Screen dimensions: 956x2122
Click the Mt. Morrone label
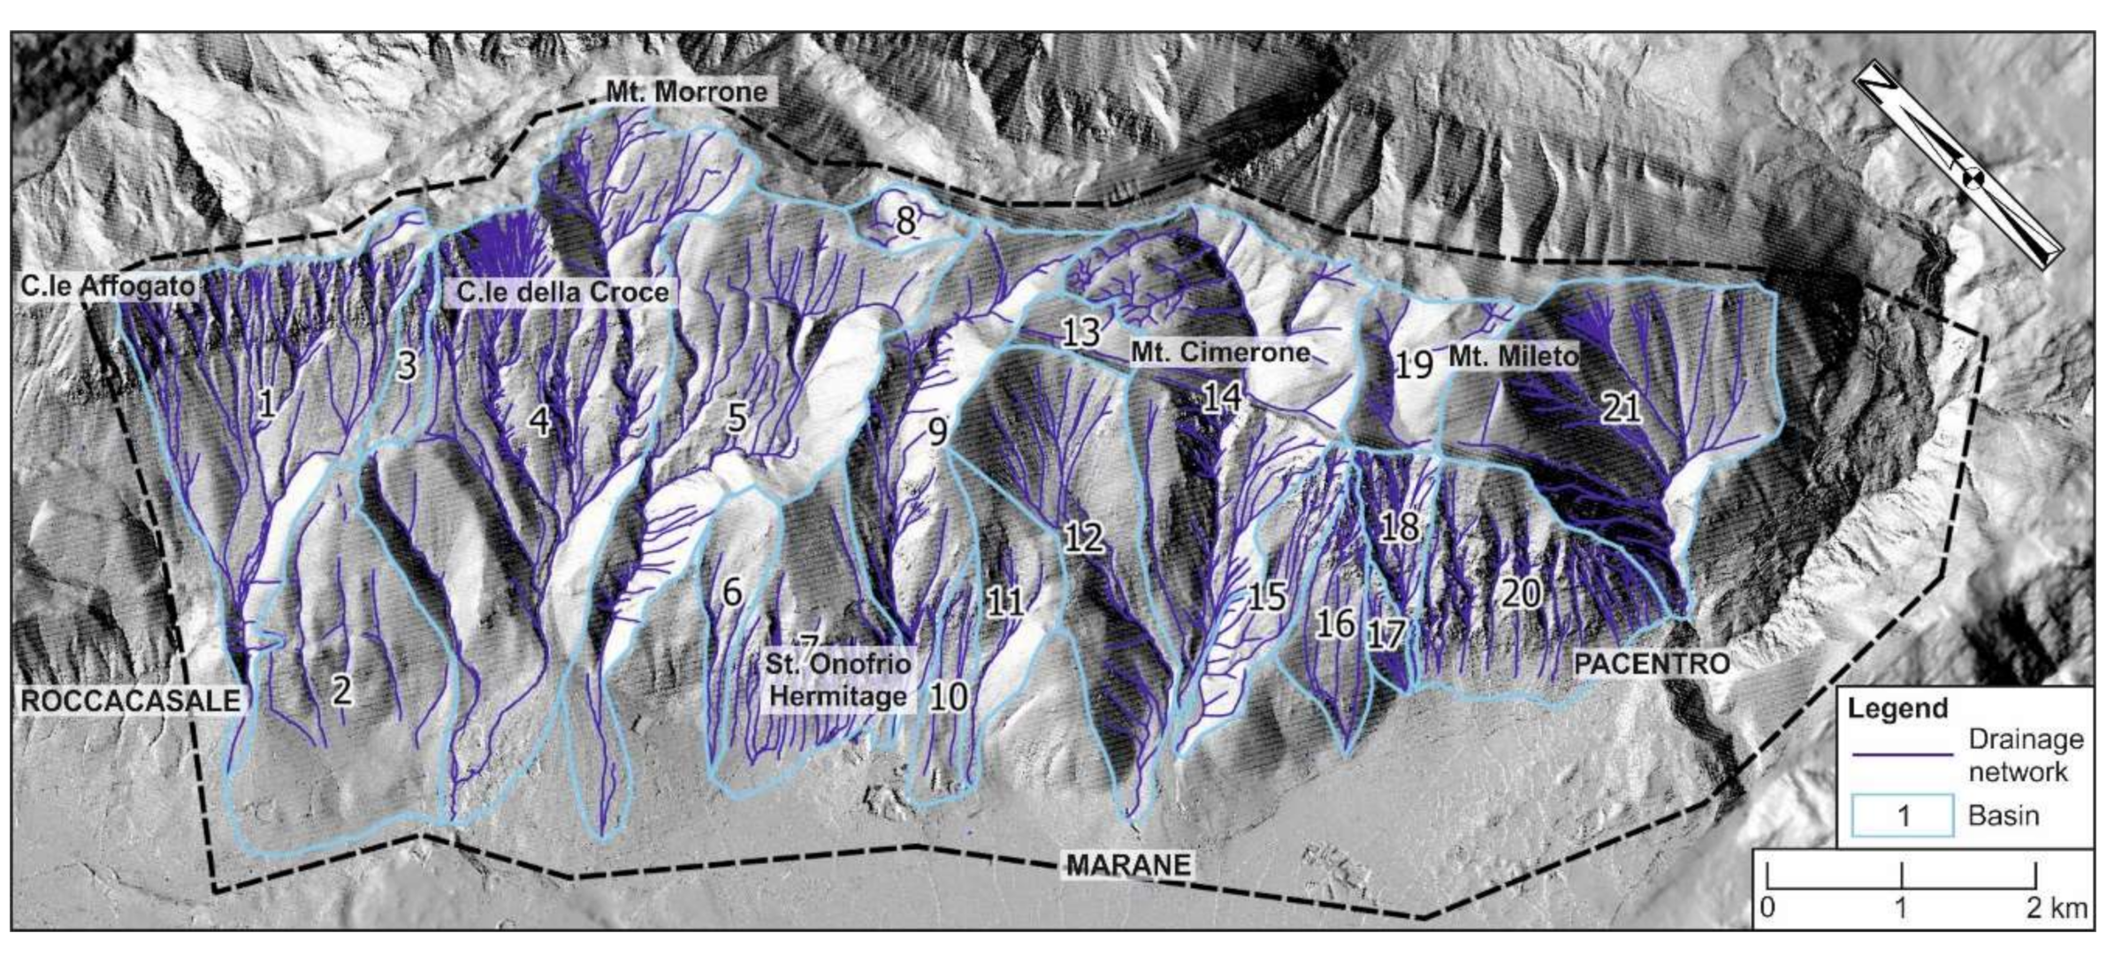[x=686, y=91]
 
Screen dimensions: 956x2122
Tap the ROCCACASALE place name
[x=131, y=700]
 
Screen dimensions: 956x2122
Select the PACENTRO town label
[x=1652, y=663]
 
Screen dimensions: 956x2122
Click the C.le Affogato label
[x=107, y=286]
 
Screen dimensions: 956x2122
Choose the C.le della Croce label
[x=562, y=292]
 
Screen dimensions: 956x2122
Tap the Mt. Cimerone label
[x=1220, y=352]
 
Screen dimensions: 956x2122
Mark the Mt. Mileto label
[x=1513, y=356]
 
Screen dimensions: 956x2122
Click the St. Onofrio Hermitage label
[x=837, y=679]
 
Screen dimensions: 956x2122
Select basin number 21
[x=1622, y=408]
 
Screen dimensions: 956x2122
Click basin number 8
[x=905, y=221]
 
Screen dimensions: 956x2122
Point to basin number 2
[x=341, y=689]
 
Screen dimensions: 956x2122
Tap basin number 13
[x=1080, y=333]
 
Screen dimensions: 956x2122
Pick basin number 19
[x=1413, y=363]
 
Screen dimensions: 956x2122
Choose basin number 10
[x=948, y=697]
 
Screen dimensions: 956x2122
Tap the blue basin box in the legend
[x=1903, y=815]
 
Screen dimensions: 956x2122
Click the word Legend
[x=1897, y=708]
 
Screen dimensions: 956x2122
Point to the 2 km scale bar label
[x=2057, y=908]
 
